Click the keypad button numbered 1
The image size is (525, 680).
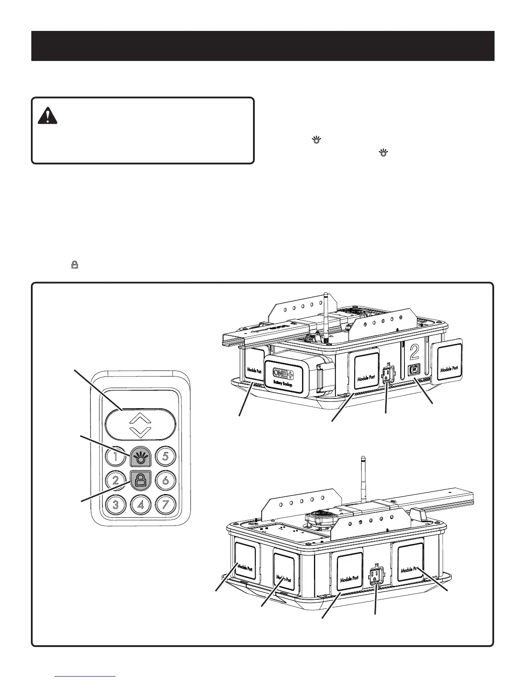pyautogui.click(x=115, y=456)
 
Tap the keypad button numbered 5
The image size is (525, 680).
pyautogui.click(x=166, y=456)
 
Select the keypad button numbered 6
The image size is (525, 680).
pyautogui.click(x=166, y=480)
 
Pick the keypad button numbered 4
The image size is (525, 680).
pyautogui.click(x=140, y=504)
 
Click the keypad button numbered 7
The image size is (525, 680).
pyautogui.click(x=166, y=504)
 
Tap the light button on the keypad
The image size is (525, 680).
pyautogui.click(x=140, y=456)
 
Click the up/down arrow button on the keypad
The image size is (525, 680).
pyautogui.click(x=140, y=424)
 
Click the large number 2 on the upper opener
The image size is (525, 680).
pyautogui.click(x=414, y=352)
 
